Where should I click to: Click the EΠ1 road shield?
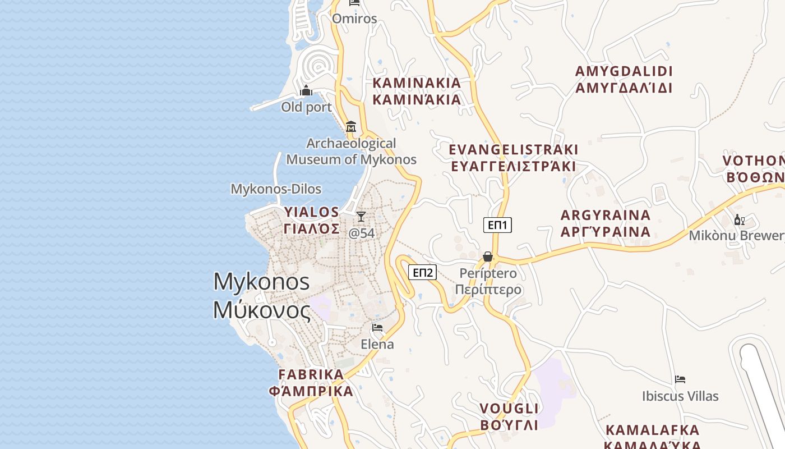[497, 225]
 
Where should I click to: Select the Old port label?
[306, 107]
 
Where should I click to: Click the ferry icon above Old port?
[306, 90]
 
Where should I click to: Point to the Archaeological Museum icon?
[351, 126]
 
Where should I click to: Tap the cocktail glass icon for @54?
[361, 216]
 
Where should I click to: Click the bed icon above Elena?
[377, 327]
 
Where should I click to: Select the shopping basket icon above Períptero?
[488, 256]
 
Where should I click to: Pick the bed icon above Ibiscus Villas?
[680, 379]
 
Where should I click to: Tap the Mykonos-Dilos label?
[276, 189]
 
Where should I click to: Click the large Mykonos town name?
[262, 295]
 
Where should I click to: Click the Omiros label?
[354, 19]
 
